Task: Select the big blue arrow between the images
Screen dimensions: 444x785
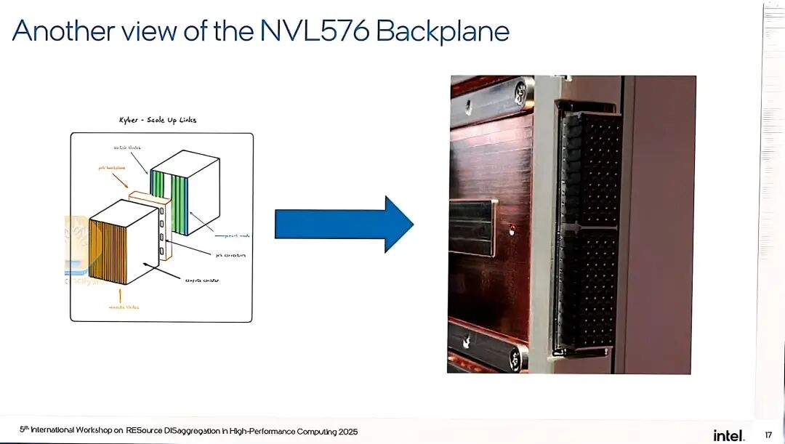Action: pos(343,224)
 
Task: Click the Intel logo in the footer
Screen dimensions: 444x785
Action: pos(728,435)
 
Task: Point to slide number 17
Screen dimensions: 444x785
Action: pos(768,435)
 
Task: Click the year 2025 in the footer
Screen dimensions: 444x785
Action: pos(347,432)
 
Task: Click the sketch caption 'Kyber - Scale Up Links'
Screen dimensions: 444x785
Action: pos(158,120)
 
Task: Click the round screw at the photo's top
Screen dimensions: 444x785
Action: pos(520,91)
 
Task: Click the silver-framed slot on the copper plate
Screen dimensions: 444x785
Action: pos(472,228)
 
